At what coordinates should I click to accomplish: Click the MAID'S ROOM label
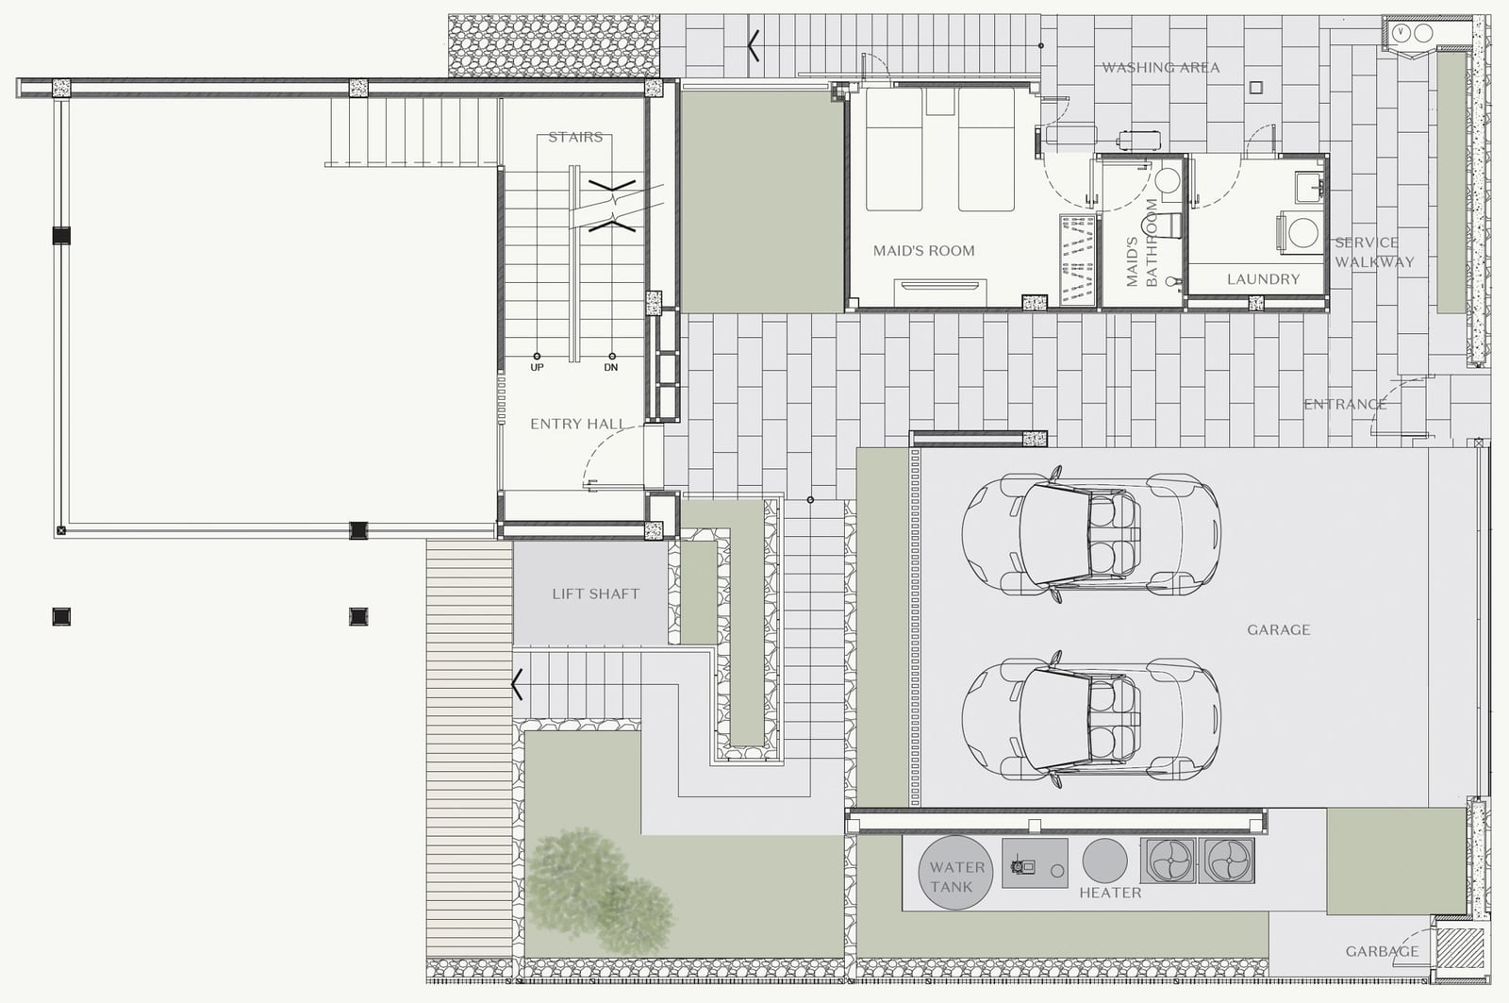click(x=923, y=251)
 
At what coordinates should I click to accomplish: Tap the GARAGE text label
click(x=1278, y=629)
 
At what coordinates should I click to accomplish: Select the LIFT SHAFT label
click(x=595, y=593)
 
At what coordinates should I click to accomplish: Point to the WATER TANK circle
click(x=955, y=873)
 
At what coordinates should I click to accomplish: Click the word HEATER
click(x=1110, y=893)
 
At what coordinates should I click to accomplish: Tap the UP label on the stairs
click(x=537, y=367)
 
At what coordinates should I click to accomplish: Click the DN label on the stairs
click(x=611, y=367)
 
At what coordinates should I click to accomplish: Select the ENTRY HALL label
click(x=576, y=424)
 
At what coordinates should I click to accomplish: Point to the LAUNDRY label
click(x=1263, y=279)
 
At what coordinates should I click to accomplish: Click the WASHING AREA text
click(x=1161, y=67)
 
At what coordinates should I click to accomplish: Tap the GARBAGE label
click(x=1383, y=951)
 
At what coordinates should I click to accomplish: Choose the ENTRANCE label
click(x=1345, y=405)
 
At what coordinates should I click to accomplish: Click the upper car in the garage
click(x=1091, y=534)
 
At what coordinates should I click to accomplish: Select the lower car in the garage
click(x=1091, y=719)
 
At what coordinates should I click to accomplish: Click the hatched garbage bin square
click(x=1461, y=948)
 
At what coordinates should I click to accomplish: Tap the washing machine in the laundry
click(x=1299, y=232)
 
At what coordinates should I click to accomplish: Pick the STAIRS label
click(x=575, y=138)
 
